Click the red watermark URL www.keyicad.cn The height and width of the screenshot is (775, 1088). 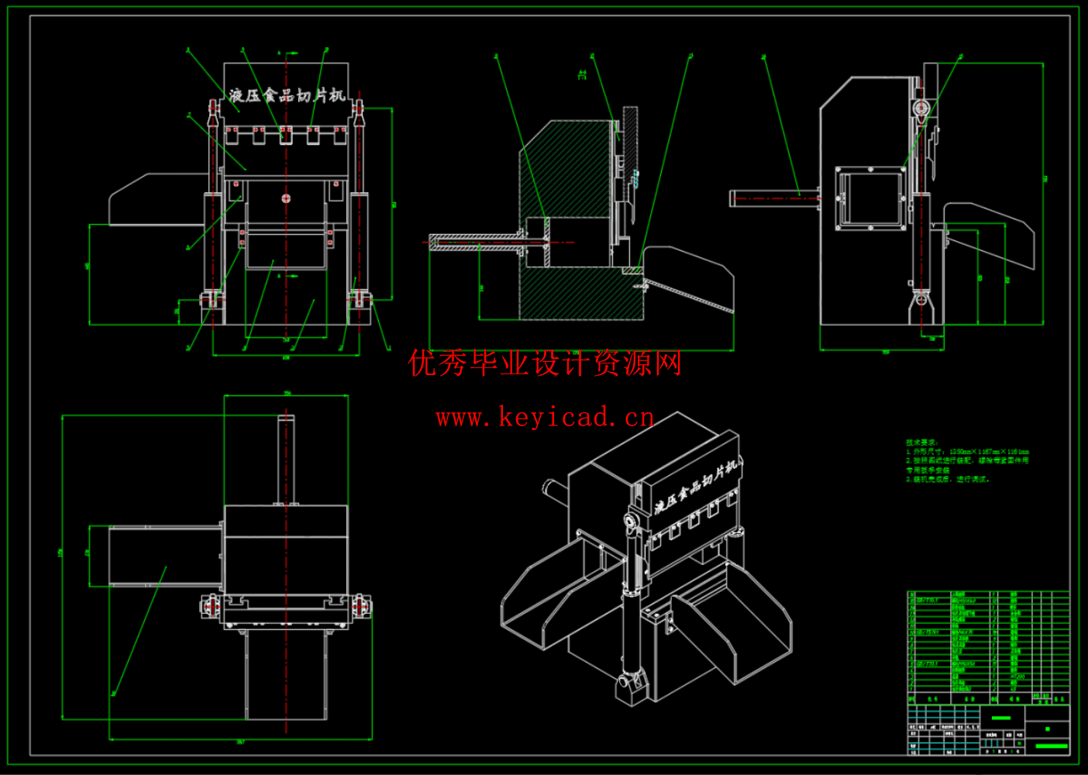pos(545,418)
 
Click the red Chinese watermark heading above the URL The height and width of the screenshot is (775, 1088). pos(545,363)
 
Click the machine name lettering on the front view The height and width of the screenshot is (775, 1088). pos(286,95)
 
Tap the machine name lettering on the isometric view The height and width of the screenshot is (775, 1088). pos(694,488)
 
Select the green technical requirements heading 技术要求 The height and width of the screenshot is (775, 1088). pos(921,443)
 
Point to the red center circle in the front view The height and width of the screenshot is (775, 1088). pos(286,198)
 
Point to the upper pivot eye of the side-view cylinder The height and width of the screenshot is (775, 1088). pos(920,108)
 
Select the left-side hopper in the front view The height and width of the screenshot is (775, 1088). pos(155,200)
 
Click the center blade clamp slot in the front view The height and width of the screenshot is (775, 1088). pos(286,135)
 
